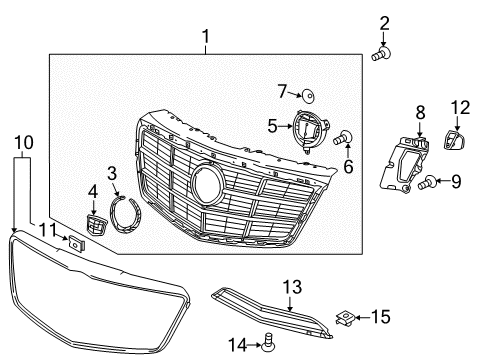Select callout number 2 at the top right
(x=385, y=22)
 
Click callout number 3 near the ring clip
(x=113, y=173)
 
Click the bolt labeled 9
(x=431, y=183)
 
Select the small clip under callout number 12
(x=455, y=141)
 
